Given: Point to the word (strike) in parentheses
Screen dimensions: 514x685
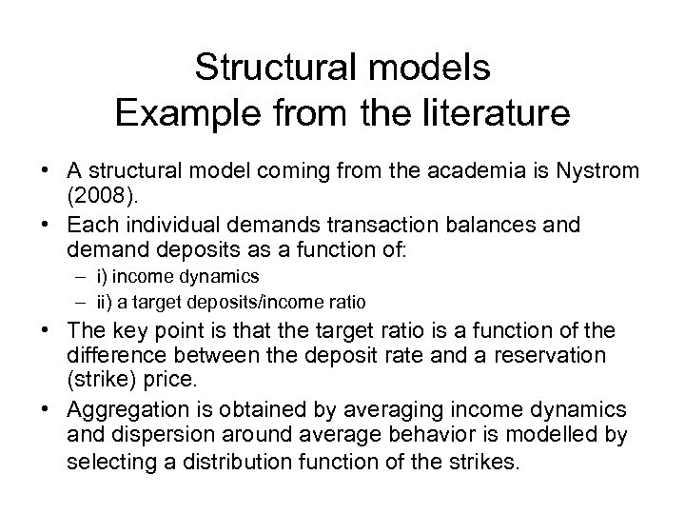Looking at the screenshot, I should (103, 381).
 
